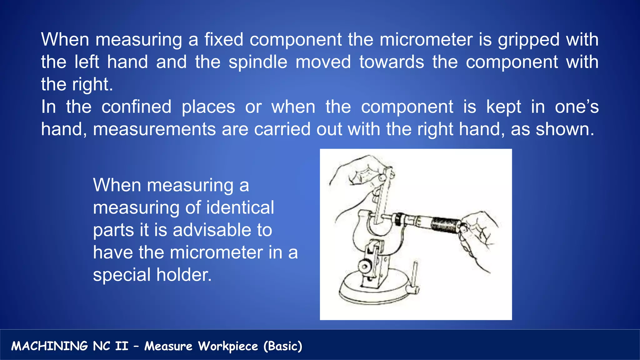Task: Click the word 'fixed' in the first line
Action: tap(224, 40)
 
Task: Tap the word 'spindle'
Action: tap(258, 62)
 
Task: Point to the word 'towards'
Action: tap(392, 62)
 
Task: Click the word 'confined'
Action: tap(137, 107)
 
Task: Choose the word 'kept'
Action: tap(503, 107)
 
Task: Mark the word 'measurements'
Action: tap(154, 129)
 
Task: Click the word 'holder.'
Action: tap(184, 275)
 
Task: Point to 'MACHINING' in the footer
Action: tap(49, 346)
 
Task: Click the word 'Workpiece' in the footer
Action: tap(228, 346)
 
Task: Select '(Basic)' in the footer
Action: tap(283, 346)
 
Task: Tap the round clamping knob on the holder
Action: tap(364, 267)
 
